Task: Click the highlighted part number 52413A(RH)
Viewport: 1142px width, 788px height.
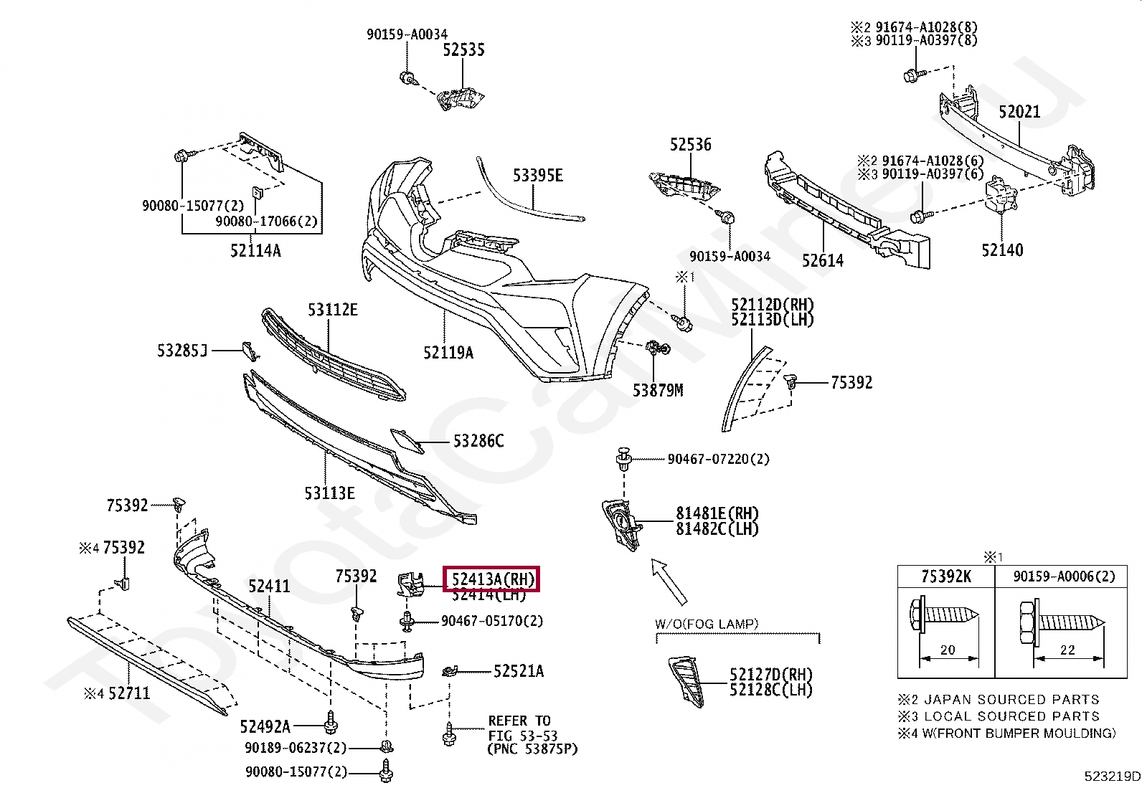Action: [x=492, y=579]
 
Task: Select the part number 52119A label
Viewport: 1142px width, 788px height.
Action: [x=448, y=352]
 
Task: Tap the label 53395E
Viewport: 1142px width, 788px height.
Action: [x=538, y=176]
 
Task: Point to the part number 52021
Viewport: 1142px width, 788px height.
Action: [x=1019, y=112]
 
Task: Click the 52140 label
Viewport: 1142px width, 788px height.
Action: [x=1002, y=250]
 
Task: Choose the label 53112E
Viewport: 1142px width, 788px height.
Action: [x=333, y=310]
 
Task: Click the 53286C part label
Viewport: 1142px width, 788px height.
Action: [x=478, y=441]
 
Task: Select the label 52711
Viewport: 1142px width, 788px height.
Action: [x=129, y=693]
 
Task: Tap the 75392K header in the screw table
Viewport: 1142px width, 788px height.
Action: [x=946, y=576]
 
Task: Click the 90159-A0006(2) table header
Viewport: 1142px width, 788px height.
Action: [x=1064, y=576]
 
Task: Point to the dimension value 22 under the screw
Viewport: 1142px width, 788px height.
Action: [x=1067, y=650]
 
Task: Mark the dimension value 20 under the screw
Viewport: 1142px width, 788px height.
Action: [x=948, y=650]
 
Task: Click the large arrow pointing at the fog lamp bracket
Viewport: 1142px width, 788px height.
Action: [x=669, y=581]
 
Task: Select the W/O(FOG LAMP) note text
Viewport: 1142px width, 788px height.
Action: [x=707, y=624]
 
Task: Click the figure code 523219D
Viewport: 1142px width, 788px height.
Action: [x=1112, y=776]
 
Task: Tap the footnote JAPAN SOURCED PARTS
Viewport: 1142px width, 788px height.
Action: [x=1011, y=699]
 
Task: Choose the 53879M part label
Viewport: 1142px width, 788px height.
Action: [x=658, y=391]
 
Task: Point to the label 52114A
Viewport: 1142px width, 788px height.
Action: [x=255, y=251]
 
